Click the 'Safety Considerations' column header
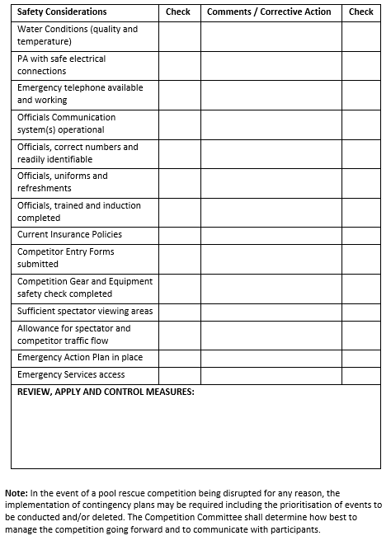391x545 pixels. pyautogui.click(x=62, y=12)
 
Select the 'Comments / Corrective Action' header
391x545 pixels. pyautogui.click(x=269, y=12)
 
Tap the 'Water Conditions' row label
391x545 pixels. pyautogui.click(x=78, y=35)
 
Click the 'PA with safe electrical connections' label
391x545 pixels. pyautogui.click(x=61, y=65)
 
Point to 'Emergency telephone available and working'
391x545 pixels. pyautogui.click(x=79, y=94)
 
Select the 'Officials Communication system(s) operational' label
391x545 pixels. pyautogui.click(x=66, y=124)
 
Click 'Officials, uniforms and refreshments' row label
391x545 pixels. pyautogui.click(x=62, y=182)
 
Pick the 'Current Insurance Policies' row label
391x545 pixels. pyautogui.click(x=69, y=235)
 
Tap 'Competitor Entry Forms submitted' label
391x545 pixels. pyautogui.click(x=65, y=258)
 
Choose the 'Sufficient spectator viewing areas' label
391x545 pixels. pyautogui.click(x=84, y=312)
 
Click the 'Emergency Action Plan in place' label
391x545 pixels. pyautogui.click(x=79, y=358)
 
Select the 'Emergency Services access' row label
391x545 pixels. pyautogui.click(x=71, y=375)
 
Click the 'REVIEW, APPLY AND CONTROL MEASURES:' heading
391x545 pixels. pyautogui.click(x=106, y=392)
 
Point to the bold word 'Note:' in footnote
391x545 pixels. pyautogui.click(x=16, y=493)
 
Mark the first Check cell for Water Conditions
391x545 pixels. pyautogui.click(x=178, y=35)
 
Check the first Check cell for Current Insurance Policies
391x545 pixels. pyautogui.click(x=178, y=235)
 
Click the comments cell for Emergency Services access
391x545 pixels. pyautogui.click(x=271, y=375)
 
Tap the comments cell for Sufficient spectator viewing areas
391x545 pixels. pyautogui.click(x=271, y=312)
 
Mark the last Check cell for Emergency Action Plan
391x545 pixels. pyautogui.click(x=360, y=358)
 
